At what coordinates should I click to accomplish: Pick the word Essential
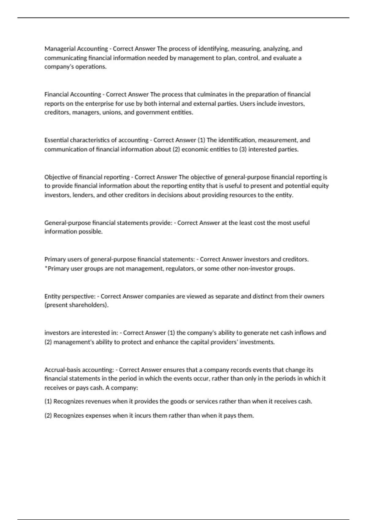(x=57, y=140)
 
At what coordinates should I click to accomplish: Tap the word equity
(x=321, y=186)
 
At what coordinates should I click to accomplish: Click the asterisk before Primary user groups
(x=46, y=268)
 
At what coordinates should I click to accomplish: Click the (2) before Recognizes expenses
(x=48, y=416)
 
